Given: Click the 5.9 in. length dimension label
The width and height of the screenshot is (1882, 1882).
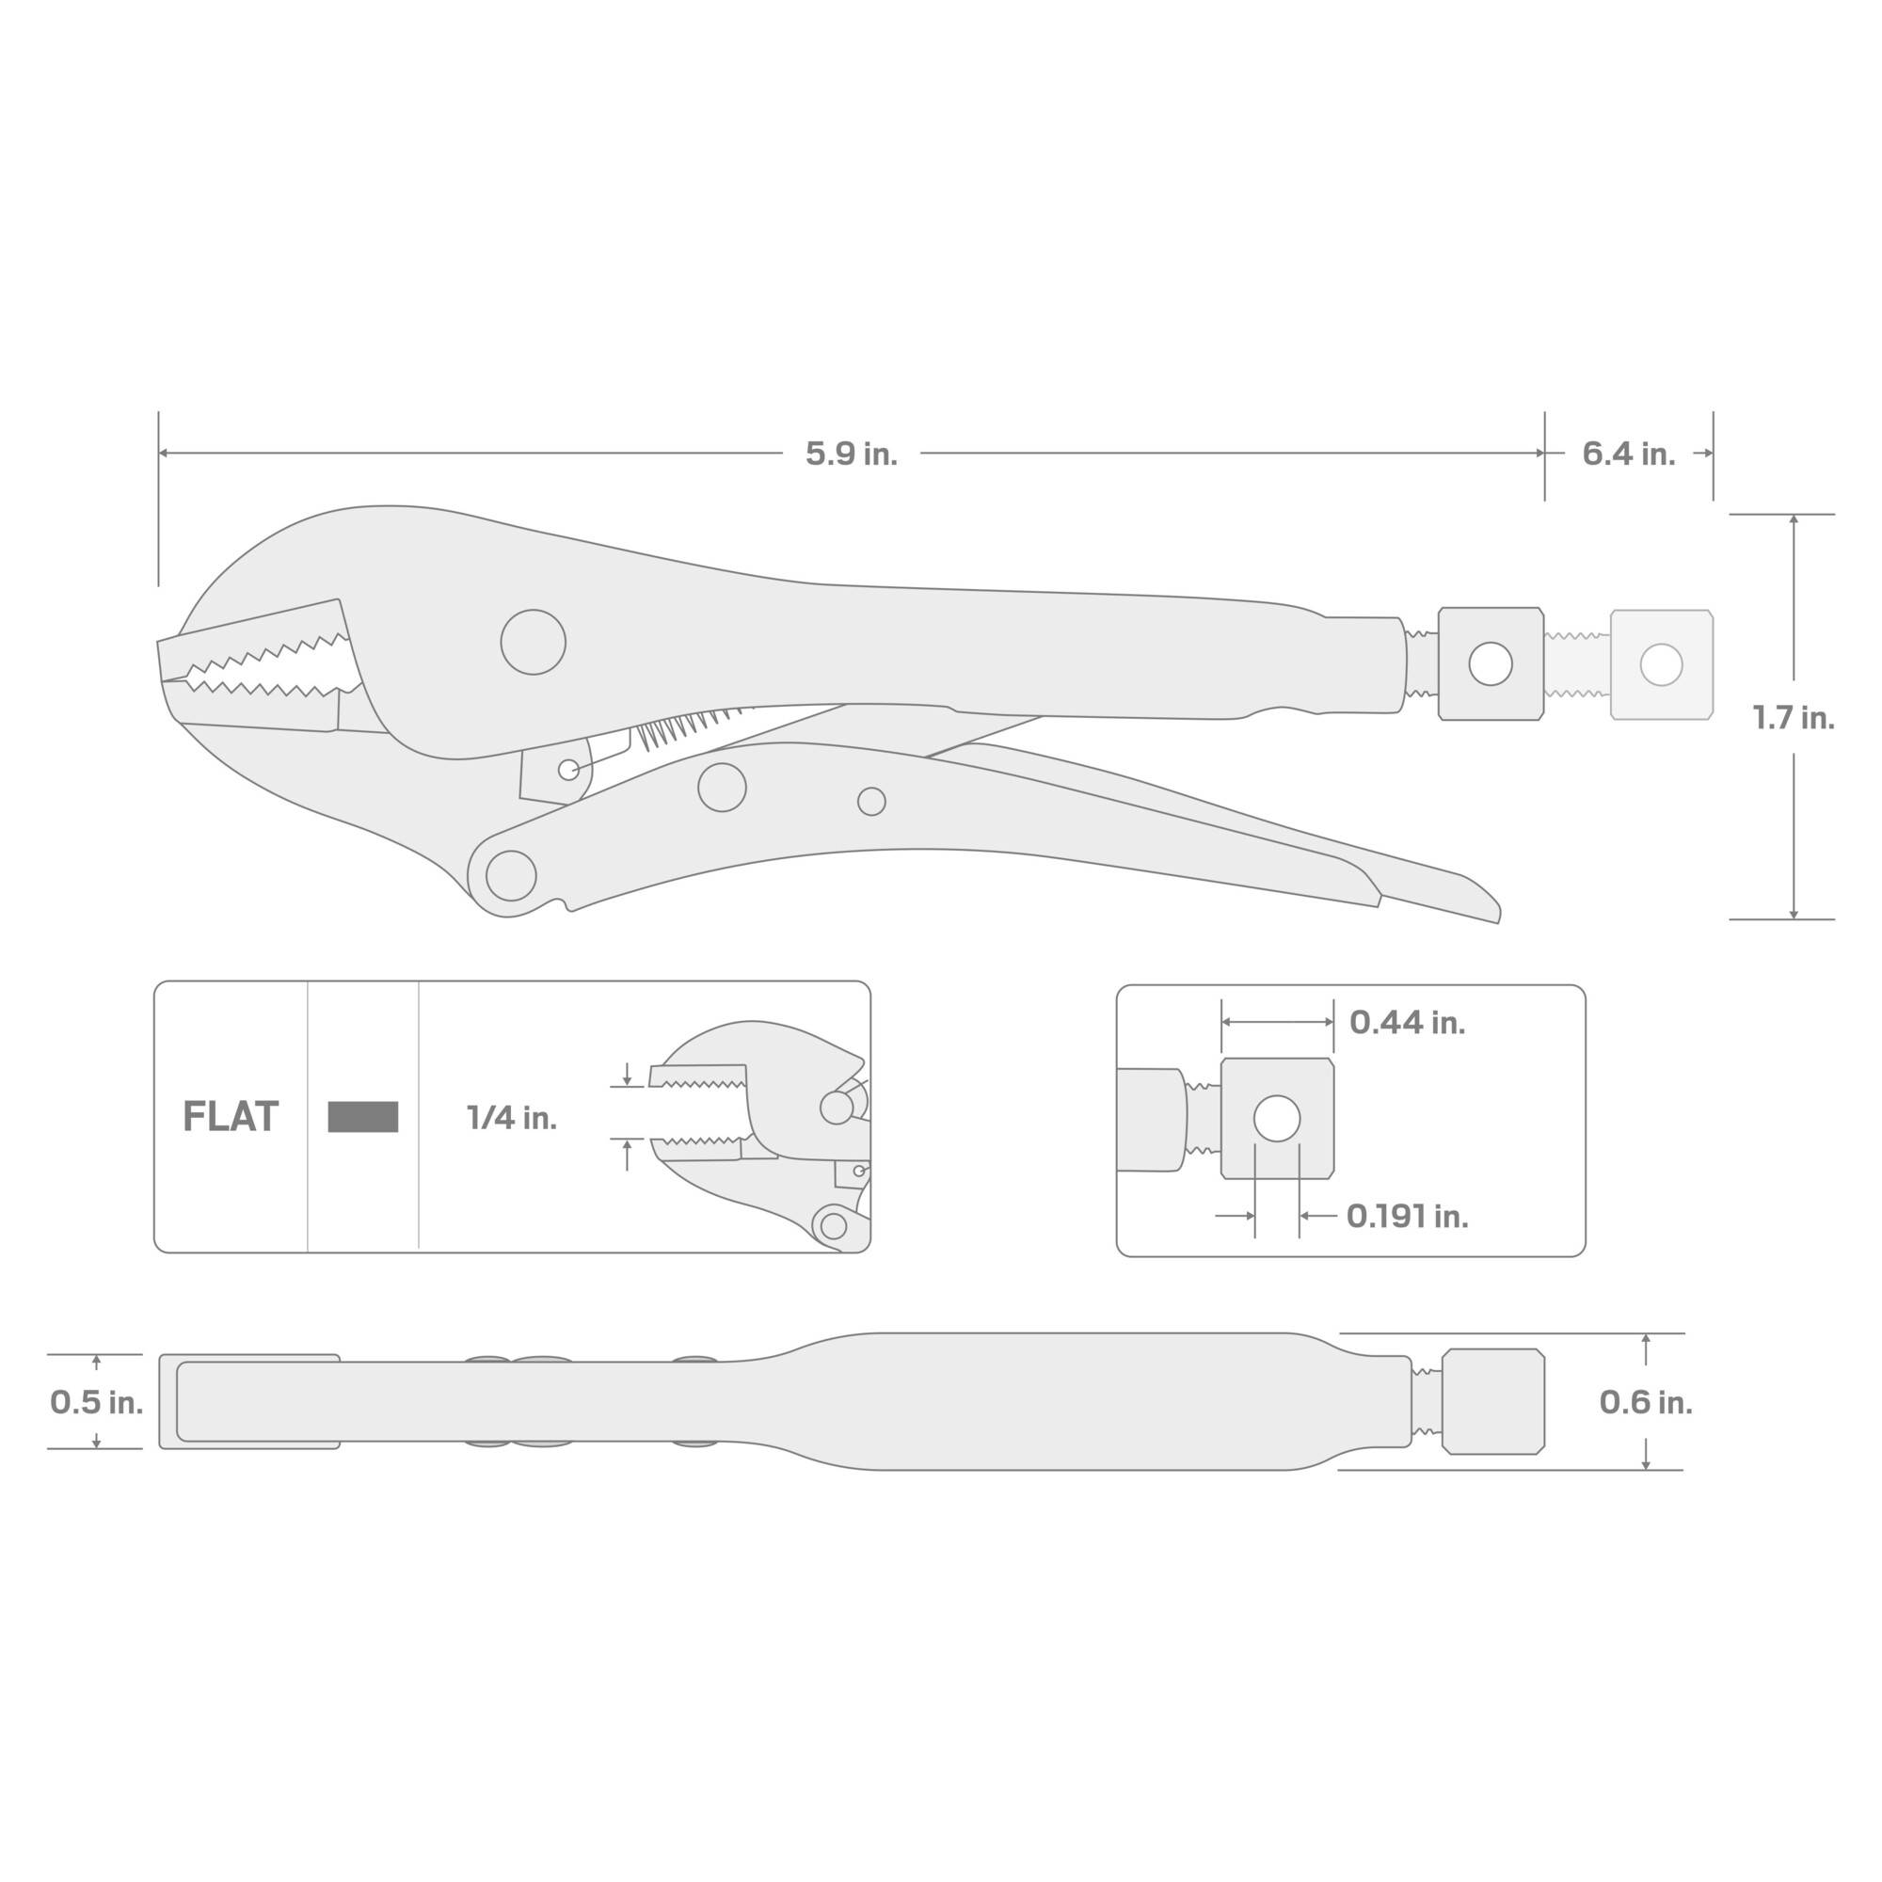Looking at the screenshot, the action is [x=852, y=454].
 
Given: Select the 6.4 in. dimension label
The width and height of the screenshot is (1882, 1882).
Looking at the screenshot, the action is [x=1629, y=454].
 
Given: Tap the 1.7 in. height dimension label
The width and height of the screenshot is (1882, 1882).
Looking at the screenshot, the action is [x=1794, y=718].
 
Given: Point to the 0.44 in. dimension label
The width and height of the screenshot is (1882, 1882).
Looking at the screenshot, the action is [x=1407, y=1022].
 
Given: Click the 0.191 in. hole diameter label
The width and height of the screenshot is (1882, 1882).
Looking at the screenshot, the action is [x=1407, y=1216].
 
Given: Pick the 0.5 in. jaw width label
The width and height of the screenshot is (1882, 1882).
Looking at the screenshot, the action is [x=96, y=1402].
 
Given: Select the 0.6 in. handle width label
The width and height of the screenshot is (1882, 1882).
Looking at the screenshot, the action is [x=1646, y=1402].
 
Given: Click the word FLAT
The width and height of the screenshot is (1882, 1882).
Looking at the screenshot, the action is [x=231, y=1116].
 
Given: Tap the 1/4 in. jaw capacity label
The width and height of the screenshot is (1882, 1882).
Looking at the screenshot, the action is [x=511, y=1117].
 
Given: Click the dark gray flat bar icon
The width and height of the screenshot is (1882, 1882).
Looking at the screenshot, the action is [x=363, y=1116].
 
